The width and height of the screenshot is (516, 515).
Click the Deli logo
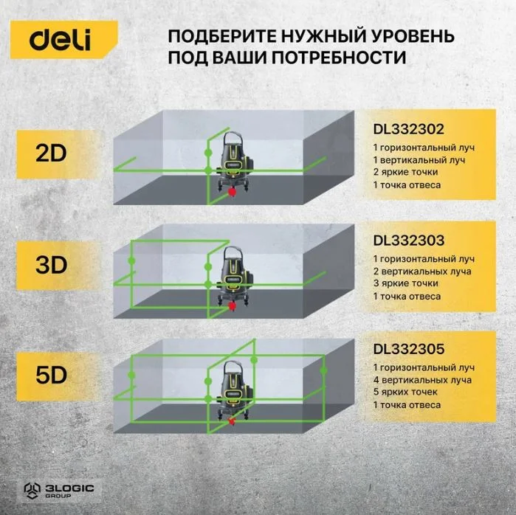coord(60,40)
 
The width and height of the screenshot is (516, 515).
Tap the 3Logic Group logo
coord(59,491)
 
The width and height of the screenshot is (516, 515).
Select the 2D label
coord(51,153)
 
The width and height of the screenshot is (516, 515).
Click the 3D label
coord(51,265)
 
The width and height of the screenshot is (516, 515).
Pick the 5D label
coord(51,376)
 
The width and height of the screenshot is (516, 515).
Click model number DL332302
coord(409,129)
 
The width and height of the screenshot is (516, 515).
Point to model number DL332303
coord(409,241)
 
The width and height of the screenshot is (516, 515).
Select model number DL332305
coord(409,349)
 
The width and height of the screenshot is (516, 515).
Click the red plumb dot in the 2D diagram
coord(233,192)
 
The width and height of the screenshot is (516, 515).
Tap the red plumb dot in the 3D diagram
coord(233,306)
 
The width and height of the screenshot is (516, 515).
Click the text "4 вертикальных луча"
coord(422,380)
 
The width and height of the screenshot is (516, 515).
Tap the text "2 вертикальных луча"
coord(422,272)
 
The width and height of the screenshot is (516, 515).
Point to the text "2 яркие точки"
coord(405,172)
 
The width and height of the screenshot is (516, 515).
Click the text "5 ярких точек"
coord(405,392)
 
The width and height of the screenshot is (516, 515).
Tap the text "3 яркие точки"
coord(405,283)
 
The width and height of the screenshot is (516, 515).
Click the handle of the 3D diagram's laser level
coord(233,251)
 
